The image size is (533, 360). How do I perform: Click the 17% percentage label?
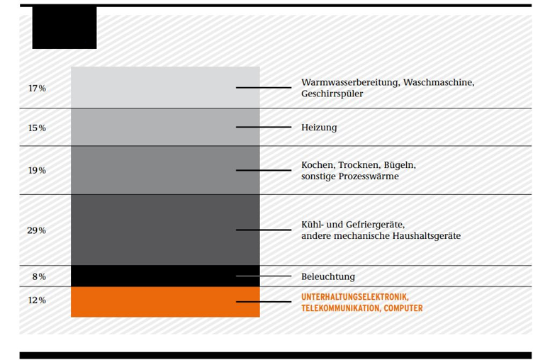[37, 89]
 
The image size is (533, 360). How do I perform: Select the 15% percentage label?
[37, 128]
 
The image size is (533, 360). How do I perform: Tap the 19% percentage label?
[37, 170]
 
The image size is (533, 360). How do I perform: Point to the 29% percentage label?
[37, 230]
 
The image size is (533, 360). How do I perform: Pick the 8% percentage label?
[39, 276]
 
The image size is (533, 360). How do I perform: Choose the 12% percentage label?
[37, 300]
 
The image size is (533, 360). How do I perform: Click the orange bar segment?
[165, 302]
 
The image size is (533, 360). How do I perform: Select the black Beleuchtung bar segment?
[165, 276]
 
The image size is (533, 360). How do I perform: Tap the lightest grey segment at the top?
[165, 87]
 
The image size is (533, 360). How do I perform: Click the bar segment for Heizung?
[165, 127]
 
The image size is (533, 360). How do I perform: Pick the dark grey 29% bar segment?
[165, 230]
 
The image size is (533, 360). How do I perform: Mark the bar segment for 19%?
[165, 170]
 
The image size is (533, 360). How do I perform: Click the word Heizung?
[319, 128]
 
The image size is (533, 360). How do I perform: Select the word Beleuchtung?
[328, 276]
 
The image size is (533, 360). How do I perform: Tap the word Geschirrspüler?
[332, 94]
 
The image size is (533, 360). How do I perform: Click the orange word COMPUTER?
[403, 308]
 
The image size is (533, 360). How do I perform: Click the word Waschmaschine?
[439, 83]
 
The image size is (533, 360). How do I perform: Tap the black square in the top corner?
[64, 28]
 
